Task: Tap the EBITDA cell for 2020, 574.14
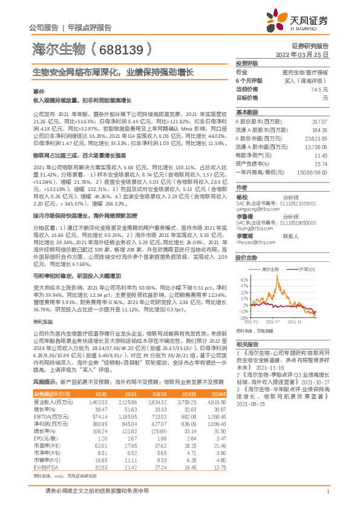click(x=97, y=417)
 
